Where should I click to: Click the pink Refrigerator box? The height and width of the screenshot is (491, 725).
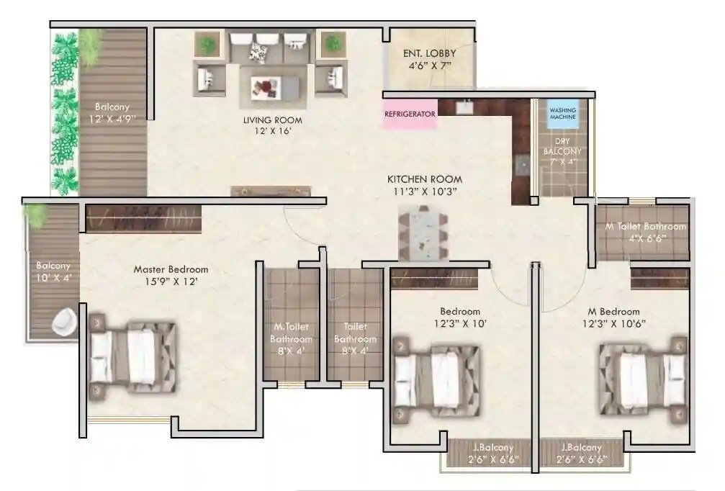[410, 114]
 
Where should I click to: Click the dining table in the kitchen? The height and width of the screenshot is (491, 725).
[423, 233]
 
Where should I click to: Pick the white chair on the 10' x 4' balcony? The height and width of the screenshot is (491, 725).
[63, 321]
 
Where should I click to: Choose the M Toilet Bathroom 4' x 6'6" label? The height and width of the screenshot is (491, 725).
[645, 232]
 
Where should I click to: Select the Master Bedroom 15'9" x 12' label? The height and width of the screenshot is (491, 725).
[171, 276]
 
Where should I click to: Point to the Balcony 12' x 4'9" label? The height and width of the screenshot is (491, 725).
[110, 114]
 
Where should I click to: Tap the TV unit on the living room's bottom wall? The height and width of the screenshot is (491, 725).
[271, 191]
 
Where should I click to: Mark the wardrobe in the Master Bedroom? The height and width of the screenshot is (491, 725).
[143, 218]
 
